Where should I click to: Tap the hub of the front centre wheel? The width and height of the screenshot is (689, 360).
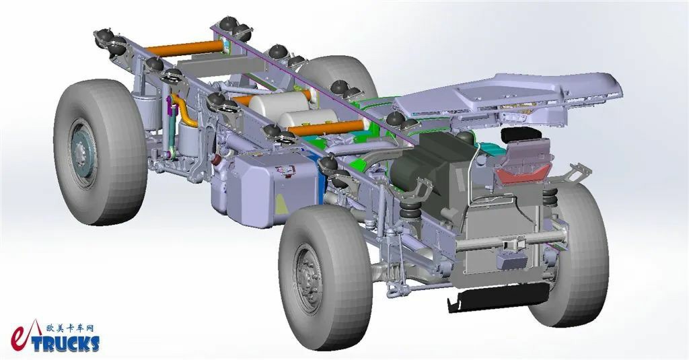pyautogui.click(x=308, y=279)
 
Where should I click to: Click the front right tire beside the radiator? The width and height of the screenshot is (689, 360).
pyautogui.click(x=571, y=255)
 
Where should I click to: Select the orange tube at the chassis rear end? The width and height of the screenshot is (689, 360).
pyautogui.click(x=185, y=48)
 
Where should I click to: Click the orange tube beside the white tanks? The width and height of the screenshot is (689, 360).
pyautogui.click(x=328, y=128)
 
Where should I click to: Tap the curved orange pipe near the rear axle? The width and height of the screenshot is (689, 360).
pyautogui.click(x=184, y=110)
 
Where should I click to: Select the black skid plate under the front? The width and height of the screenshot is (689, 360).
pyautogui.click(x=499, y=297)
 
